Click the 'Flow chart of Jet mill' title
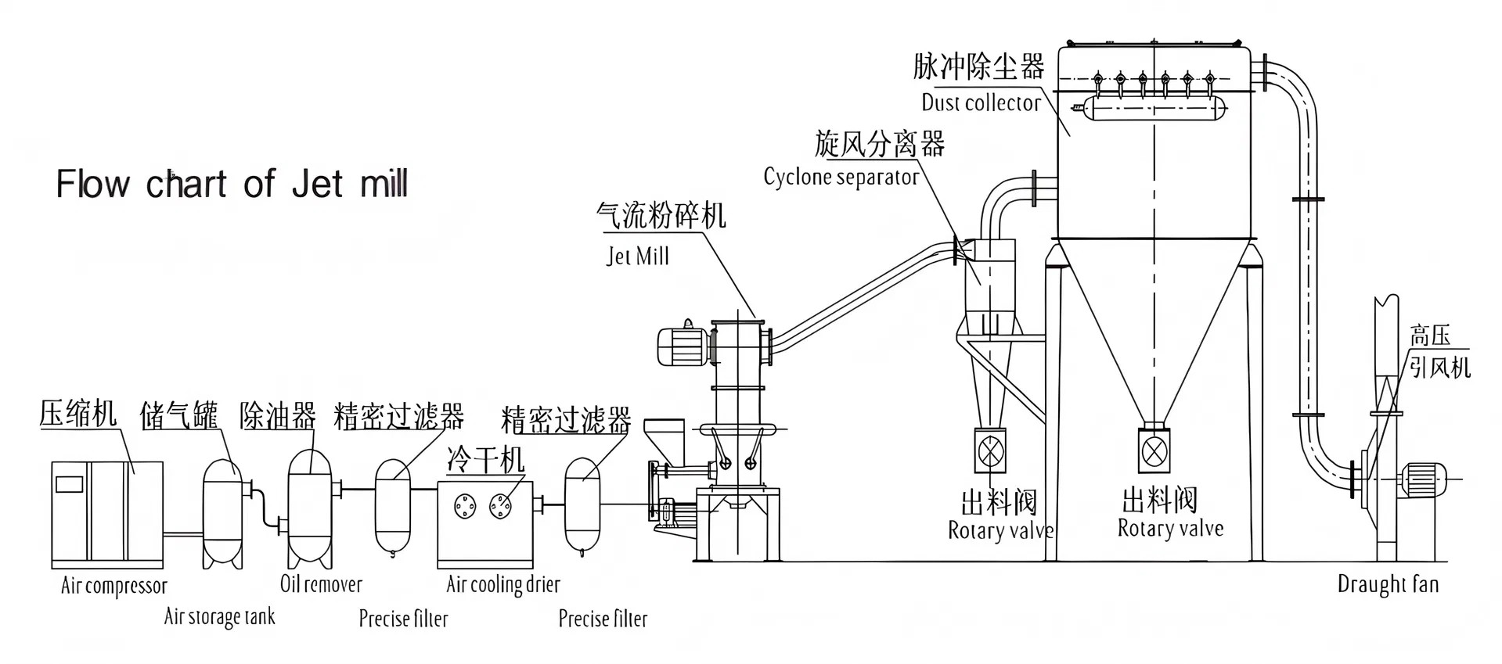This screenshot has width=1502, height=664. pos(232,185)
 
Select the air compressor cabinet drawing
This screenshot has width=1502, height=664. pos(107,514)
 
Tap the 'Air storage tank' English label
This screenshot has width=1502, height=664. pos(219,617)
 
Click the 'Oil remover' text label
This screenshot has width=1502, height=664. pos(321,584)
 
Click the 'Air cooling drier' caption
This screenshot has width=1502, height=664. pos(503,584)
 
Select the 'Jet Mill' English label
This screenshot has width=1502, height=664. pos(638,257)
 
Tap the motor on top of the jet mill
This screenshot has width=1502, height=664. pos(684,345)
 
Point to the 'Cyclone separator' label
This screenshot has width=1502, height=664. pos(841,177)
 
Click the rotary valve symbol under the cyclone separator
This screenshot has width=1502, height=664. pos(990,450)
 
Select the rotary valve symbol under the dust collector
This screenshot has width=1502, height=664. pos(1154,450)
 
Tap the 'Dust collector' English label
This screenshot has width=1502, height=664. pos(981,102)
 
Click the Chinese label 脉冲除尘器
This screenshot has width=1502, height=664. pos(978,67)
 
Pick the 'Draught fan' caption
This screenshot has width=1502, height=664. pos(1388,584)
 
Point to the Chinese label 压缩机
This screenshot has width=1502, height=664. pos(77,413)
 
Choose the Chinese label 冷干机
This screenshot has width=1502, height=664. pos(485,459)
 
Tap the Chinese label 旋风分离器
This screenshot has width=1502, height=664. pos(879,144)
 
